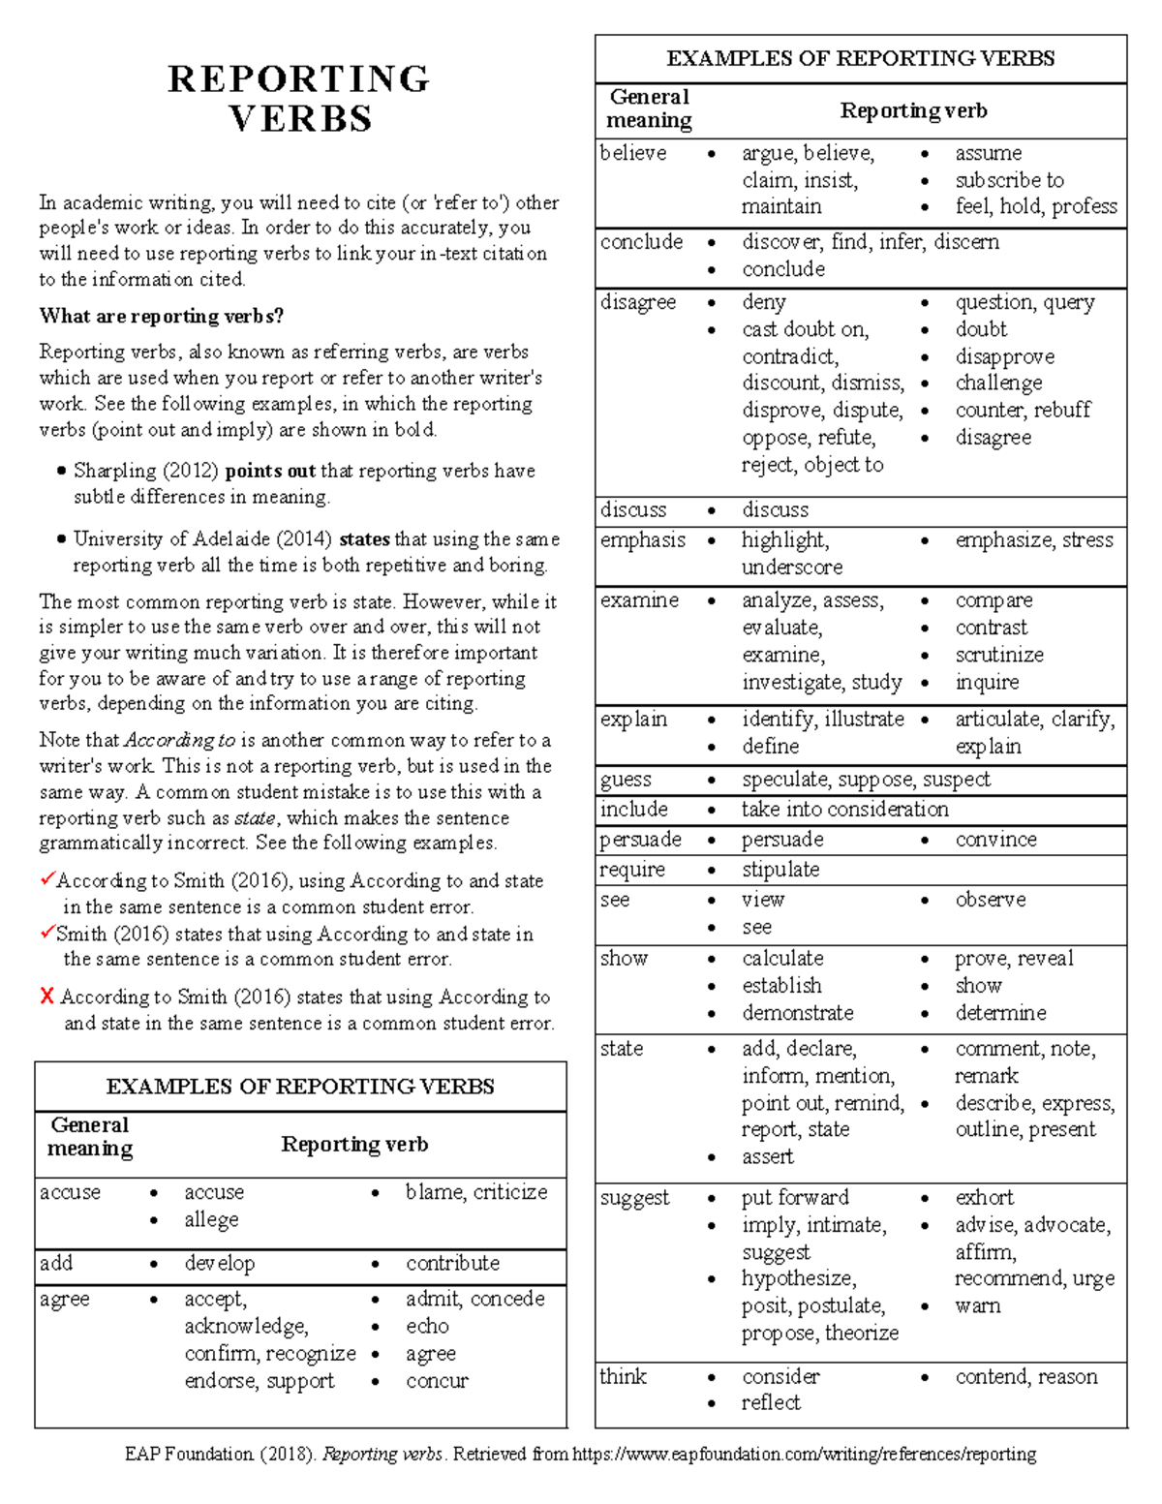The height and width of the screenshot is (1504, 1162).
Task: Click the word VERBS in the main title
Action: click(300, 119)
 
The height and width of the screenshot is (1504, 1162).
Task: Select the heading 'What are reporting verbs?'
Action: click(161, 317)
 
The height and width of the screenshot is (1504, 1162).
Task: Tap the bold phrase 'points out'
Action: click(270, 472)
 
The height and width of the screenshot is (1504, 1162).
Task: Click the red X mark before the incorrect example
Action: click(46, 997)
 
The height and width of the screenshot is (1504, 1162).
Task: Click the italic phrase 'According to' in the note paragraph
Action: click(180, 741)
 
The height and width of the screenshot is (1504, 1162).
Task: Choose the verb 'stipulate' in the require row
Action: click(780, 870)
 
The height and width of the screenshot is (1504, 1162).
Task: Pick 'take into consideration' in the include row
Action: click(844, 810)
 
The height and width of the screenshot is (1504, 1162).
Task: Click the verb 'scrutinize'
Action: click(999, 655)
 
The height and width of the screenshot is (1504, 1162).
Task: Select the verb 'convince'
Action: click(995, 840)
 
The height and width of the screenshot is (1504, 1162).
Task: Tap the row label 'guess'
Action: click(626, 780)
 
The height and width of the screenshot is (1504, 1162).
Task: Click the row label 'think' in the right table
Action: click(623, 1377)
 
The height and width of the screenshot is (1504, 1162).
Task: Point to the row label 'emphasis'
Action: click(642, 540)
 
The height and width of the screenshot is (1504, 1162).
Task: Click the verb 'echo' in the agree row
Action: click(427, 1327)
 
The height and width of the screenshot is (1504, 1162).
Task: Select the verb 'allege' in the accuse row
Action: click(211, 1220)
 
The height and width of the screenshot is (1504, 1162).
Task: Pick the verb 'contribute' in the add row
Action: click(452, 1264)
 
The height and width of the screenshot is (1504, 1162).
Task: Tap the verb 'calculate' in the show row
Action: click(782, 959)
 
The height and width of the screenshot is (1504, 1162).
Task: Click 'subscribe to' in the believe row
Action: click(1009, 181)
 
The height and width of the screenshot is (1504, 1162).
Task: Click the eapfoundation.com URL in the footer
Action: click(804, 1455)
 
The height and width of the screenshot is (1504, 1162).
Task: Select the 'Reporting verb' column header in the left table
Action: click(354, 1145)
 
